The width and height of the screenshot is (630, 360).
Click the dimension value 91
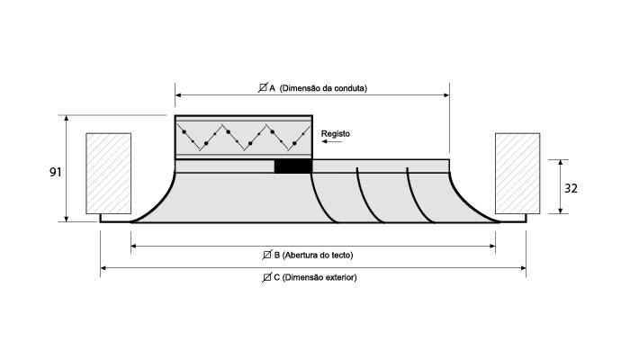(x=55, y=171)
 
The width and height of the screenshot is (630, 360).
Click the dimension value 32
(x=571, y=188)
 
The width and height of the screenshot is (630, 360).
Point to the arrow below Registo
(x=334, y=142)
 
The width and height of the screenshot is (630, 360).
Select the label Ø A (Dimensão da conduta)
(x=312, y=88)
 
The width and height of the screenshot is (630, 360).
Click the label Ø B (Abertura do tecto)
(x=312, y=253)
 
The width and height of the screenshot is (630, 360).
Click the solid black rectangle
(x=292, y=166)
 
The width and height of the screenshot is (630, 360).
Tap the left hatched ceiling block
(x=108, y=173)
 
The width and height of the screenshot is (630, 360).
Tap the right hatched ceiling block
(x=517, y=173)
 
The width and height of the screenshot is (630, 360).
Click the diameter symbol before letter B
(x=266, y=253)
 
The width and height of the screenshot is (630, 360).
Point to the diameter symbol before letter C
(x=268, y=277)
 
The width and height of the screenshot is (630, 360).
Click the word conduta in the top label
(x=350, y=88)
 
